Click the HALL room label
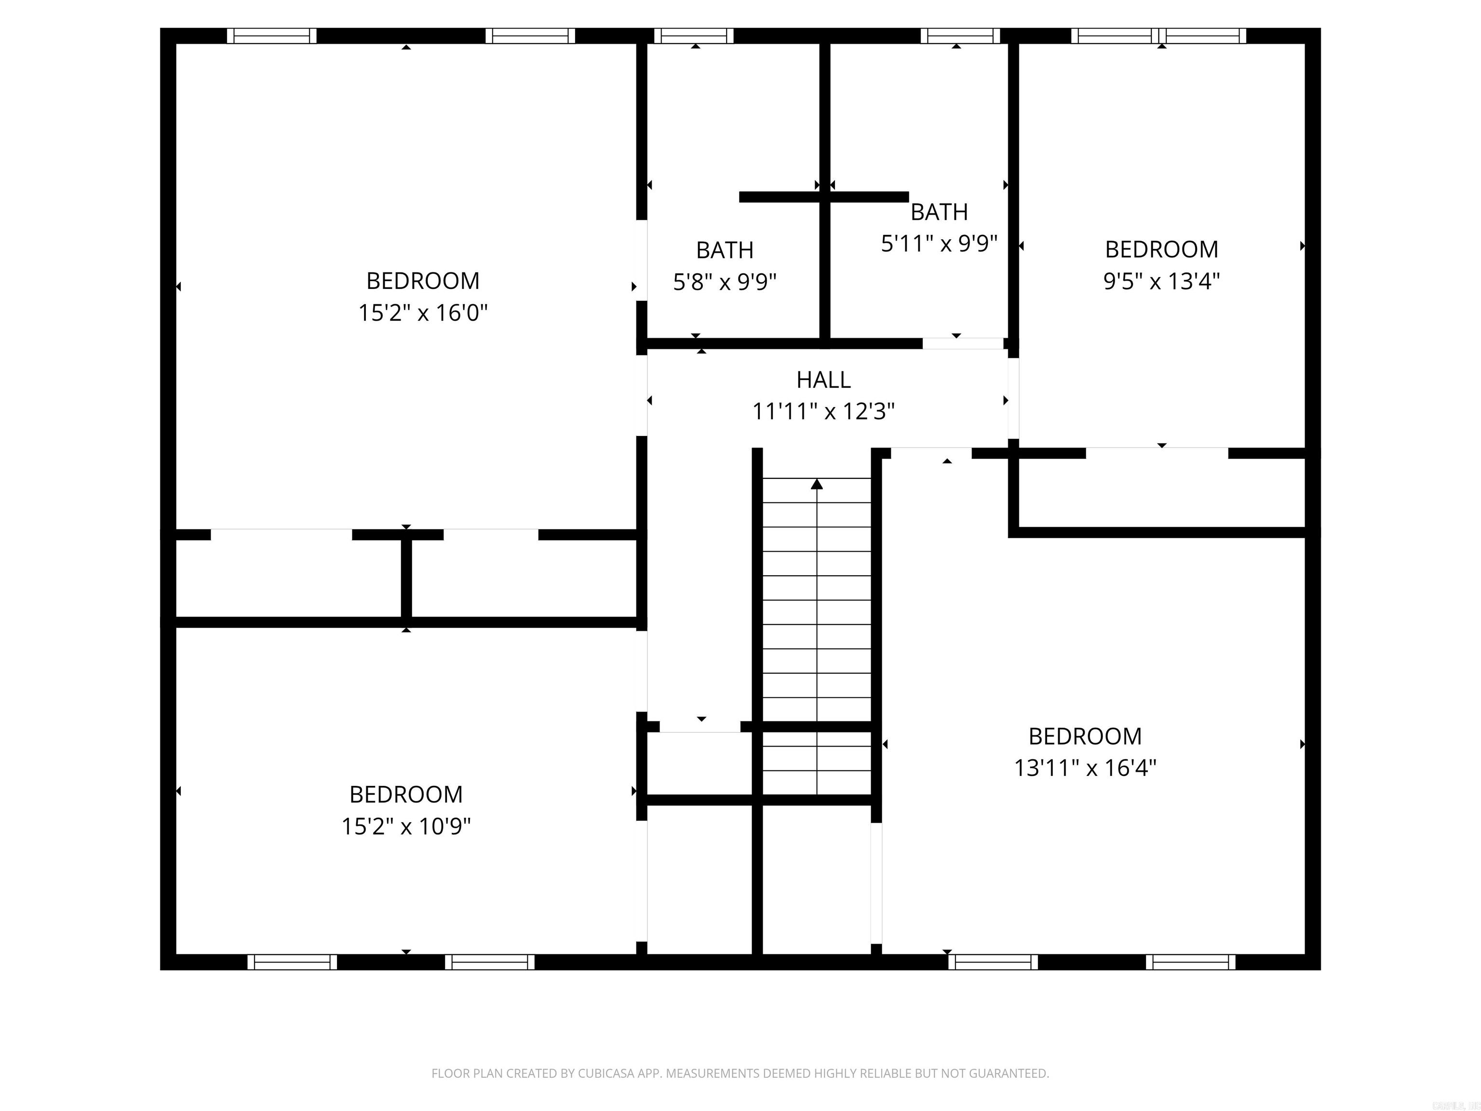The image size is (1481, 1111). pyautogui.click(x=823, y=379)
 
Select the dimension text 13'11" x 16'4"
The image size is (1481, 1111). pyautogui.click(x=1085, y=768)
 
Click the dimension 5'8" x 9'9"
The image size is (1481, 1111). pyautogui.click(x=725, y=283)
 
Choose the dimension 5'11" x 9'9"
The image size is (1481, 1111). pyautogui.click(x=939, y=244)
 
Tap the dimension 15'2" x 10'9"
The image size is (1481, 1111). pyautogui.click(x=406, y=826)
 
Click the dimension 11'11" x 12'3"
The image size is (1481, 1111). pyautogui.click(x=823, y=411)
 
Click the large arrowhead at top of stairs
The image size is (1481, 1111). pyautogui.click(x=816, y=484)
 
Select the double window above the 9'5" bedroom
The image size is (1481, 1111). pyautogui.click(x=1158, y=36)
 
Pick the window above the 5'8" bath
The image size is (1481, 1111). pyautogui.click(x=694, y=36)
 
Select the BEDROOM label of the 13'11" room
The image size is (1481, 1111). pyautogui.click(x=1085, y=736)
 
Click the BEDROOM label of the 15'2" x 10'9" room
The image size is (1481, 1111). pyautogui.click(x=406, y=794)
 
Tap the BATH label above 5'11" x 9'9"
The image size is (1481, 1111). pyautogui.click(x=939, y=212)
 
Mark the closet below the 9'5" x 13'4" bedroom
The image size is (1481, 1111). pyautogui.click(x=1162, y=493)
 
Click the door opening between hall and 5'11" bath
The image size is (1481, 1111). pyautogui.click(x=963, y=343)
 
